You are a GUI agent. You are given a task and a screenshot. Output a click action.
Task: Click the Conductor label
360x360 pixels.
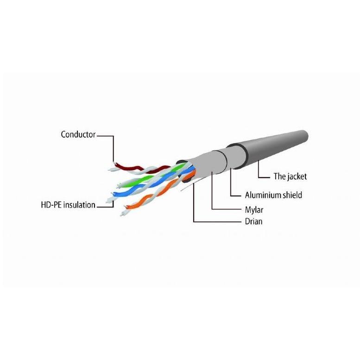click(x=78, y=134)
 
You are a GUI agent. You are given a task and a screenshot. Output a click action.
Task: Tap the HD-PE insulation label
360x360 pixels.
click(x=68, y=205)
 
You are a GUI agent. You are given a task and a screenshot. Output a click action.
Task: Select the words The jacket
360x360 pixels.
click(x=290, y=177)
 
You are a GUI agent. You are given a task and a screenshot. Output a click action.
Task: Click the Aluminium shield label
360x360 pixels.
click(x=273, y=195)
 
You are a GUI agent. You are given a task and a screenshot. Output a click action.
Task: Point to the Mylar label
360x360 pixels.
click(x=254, y=210)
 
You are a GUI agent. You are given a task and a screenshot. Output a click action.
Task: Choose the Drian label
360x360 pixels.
click(x=253, y=221)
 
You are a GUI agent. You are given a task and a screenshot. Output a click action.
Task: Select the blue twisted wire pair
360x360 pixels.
click(x=149, y=185)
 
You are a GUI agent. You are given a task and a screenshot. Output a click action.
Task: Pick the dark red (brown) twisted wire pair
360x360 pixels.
click(x=140, y=169)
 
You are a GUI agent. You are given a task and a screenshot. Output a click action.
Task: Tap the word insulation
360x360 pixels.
click(x=79, y=205)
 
